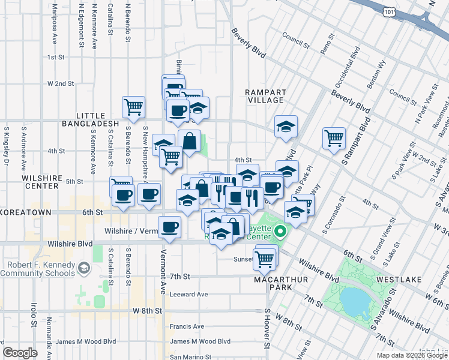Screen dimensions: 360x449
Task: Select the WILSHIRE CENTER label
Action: (x=42, y=182)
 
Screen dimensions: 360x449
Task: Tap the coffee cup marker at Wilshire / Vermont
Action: (x=169, y=226)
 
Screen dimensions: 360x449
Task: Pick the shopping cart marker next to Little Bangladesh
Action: (x=133, y=106)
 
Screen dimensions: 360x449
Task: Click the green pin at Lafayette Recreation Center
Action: (x=280, y=230)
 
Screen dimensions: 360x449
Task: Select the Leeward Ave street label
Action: (x=188, y=294)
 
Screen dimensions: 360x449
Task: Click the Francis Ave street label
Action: (x=188, y=326)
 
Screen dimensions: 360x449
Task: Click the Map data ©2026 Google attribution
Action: (x=411, y=355)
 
